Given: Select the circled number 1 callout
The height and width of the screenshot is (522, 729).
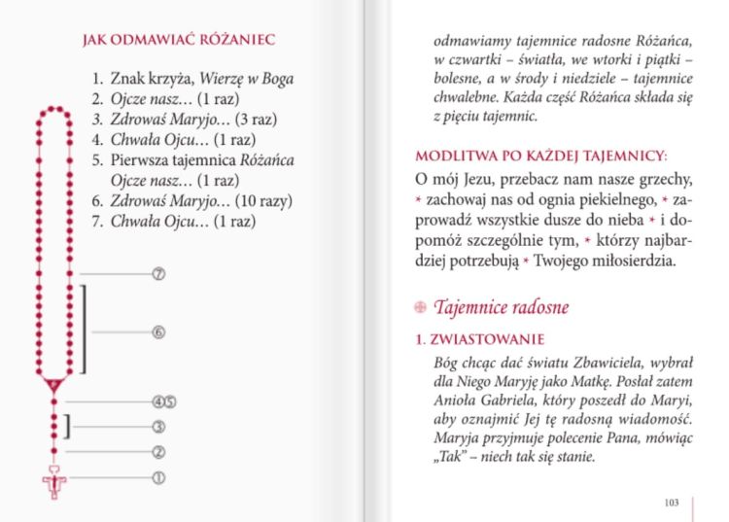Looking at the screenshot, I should click(159, 477).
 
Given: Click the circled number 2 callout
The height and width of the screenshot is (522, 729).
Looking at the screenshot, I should click(159, 451).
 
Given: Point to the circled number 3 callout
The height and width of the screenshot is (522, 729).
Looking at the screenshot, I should click(159, 426).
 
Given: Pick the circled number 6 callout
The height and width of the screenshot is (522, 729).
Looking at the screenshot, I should click(159, 332).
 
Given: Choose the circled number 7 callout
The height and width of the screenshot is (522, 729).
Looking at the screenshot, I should click(159, 274).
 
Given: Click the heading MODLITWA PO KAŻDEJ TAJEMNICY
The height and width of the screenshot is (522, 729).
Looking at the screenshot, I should click(541, 157).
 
